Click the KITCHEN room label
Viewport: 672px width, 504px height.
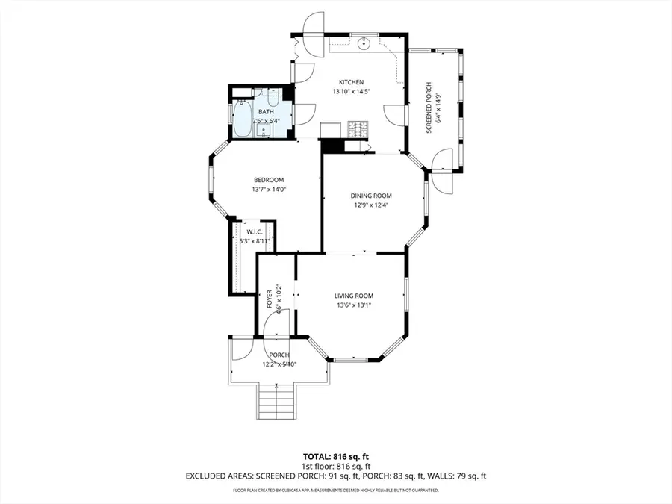coord(351,82)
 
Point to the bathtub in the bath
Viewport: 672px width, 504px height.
coord(242,120)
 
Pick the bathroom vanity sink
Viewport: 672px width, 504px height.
coord(264,131)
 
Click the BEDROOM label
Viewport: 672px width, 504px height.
coord(269,180)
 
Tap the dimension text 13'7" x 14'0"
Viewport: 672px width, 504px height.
coord(269,190)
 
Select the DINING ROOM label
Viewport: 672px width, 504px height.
coord(371,196)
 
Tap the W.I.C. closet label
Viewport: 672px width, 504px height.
coord(253,231)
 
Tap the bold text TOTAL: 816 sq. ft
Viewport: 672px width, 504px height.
coord(335,455)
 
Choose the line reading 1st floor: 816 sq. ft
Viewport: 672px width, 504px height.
coord(335,465)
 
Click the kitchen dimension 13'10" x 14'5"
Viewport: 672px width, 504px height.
coord(351,91)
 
